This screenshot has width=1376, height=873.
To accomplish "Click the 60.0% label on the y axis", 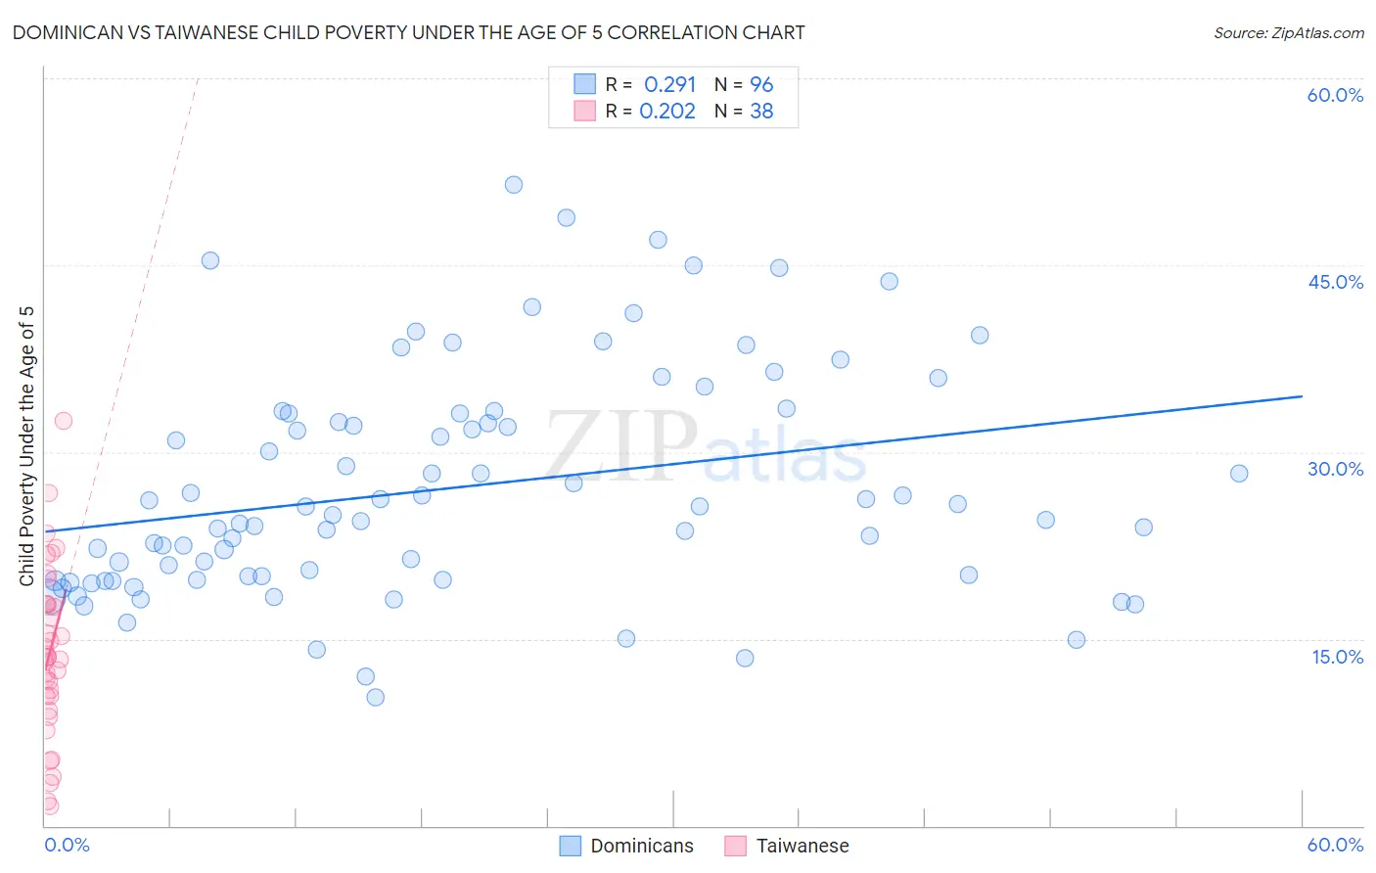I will tap(1335, 95).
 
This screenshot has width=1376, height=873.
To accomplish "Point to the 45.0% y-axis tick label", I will tap(1335, 282).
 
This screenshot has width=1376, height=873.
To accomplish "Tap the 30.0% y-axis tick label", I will tap(1335, 469).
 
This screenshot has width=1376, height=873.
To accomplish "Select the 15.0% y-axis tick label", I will tap(1337, 657).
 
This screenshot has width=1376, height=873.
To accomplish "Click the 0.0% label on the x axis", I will tap(67, 845).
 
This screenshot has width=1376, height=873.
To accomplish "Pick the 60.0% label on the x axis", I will tap(1335, 845).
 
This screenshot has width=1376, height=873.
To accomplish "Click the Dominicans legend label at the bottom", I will tap(642, 846).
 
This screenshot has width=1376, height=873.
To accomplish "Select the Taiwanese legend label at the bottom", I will tap(803, 846).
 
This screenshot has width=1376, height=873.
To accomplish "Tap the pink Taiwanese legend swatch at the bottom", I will tap(735, 846).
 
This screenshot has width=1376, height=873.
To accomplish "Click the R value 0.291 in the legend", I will tap(669, 84).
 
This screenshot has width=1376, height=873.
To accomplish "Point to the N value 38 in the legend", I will tap(761, 112).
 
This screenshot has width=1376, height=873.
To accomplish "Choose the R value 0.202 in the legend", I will tap(667, 112).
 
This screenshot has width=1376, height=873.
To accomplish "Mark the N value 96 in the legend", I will tap(761, 84).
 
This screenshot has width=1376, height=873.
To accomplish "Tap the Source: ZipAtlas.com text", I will tap(1288, 32).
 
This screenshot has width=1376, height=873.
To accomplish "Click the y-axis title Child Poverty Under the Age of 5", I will tap(26, 446).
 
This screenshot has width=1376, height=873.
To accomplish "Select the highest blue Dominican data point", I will tap(513, 185).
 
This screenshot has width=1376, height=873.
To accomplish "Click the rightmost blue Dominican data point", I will tap(1239, 474).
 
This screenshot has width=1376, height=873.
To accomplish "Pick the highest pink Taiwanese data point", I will tap(64, 421).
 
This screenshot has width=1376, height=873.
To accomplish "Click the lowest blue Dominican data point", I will tap(375, 698).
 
